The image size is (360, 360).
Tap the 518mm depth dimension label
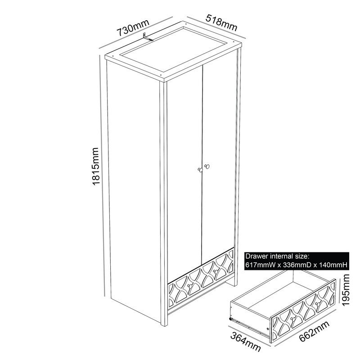click(221, 22)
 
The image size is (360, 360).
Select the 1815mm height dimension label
click(95, 166)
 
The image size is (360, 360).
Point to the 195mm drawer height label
click(345, 290)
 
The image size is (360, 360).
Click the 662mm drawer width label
click(314, 331)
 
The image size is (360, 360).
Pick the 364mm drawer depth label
click(245, 342)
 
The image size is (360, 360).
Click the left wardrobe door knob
click(200, 170)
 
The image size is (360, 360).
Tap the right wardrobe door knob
click(207, 166)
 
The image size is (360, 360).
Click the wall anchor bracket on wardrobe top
click(147, 37)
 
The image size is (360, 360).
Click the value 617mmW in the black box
click(261, 265)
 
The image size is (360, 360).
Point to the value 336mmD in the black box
click(297, 265)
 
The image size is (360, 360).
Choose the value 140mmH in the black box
click(333, 265)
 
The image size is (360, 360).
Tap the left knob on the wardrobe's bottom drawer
click(189, 286)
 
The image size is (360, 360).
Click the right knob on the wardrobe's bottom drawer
click(215, 272)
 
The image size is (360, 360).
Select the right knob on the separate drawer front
click(318, 304)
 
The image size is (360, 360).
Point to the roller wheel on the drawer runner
click(230, 319)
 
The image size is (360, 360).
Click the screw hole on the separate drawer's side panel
click(268, 328)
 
